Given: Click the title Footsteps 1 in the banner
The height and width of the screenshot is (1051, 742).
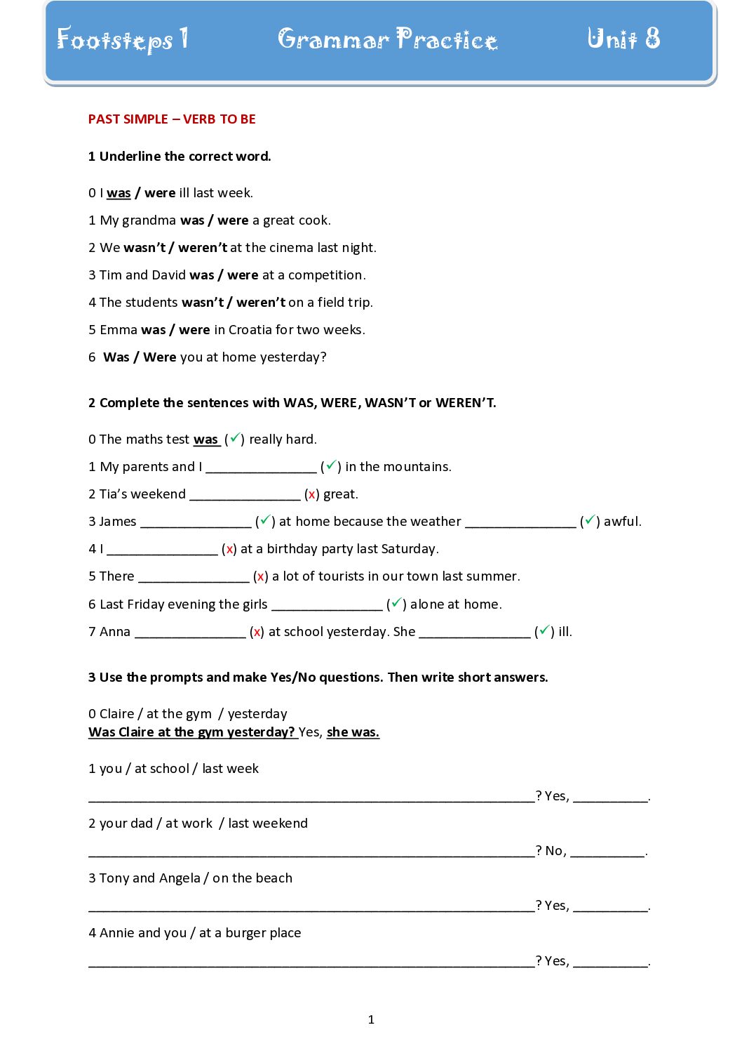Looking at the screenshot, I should tap(122, 39).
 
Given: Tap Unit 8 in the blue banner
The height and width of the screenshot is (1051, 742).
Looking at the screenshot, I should tap(623, 38).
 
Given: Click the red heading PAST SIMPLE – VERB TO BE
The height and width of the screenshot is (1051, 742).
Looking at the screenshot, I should tap(172, 119).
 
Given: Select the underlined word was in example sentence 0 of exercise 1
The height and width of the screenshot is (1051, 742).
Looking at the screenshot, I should tap(119, 193).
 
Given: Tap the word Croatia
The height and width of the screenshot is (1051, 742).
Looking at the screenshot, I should tap(250, 330).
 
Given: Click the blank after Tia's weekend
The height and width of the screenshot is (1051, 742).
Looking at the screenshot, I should tap(245, 494).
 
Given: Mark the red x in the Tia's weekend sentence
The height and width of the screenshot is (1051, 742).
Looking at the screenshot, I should tap(311, 494).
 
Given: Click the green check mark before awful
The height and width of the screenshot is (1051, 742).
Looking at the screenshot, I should tap(590, 520).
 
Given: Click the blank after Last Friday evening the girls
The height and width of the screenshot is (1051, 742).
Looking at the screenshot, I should tap(327, 604).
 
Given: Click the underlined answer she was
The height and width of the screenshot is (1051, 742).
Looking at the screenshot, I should tap(353, 732).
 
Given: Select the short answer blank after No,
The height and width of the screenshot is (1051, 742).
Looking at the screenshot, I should tap(607, 851).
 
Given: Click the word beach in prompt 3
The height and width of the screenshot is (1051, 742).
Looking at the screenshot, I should tap(274, 878).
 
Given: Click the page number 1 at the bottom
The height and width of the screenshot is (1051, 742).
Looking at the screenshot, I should tap(371, 1019).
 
